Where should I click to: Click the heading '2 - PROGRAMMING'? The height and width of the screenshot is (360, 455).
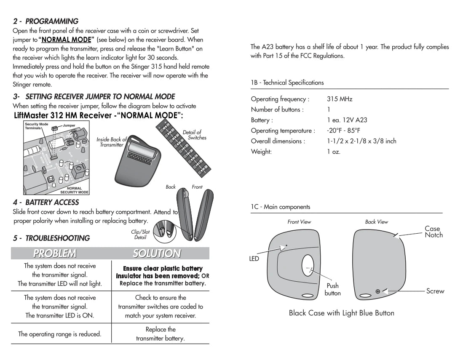45,21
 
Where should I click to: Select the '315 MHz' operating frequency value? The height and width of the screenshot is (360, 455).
340,99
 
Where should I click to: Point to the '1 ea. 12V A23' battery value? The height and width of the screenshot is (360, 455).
347,120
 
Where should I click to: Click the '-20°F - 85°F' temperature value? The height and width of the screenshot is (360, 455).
343,131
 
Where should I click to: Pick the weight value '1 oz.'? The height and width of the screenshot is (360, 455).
334,152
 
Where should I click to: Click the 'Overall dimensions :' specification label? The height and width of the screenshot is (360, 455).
278,141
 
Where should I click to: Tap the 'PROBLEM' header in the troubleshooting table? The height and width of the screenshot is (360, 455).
55,253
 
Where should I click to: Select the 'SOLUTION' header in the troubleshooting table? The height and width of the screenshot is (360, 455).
157,253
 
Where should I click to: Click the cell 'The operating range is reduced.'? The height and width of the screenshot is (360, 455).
60,334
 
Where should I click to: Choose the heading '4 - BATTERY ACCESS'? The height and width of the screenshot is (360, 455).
46,203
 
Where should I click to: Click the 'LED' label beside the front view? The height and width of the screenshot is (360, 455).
254,259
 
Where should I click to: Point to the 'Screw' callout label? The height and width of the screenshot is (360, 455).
435,291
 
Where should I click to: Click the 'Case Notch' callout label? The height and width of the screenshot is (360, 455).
434,232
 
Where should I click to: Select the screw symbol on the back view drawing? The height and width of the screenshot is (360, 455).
377,291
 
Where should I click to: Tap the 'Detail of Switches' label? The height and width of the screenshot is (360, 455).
194,135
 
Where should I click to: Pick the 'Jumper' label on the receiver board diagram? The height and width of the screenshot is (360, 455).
69,125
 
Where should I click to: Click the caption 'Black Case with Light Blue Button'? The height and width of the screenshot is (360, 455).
341,313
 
